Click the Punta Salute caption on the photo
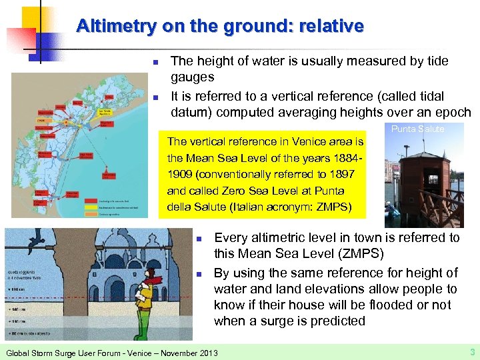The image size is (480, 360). pos(417,129)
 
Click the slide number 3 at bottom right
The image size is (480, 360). pos(471,351)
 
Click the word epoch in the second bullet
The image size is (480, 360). pos(453,111)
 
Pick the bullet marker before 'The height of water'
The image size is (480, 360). pos(155,63)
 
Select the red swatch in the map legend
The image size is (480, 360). pos(93,199)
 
